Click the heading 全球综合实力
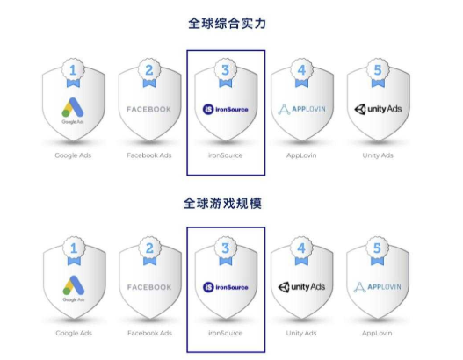(227, 24)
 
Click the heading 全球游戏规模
(222, 204)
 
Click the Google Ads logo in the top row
(73, 111)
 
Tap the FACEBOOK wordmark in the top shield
(148, 110)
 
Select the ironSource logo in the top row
(225, 110)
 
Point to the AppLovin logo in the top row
(301, 109)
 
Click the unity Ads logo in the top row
(378, 109)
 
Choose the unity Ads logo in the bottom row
(301, 287)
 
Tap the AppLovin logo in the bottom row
(378, 287)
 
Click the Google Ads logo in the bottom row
(74, 289)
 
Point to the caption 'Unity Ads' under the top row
(378, 155)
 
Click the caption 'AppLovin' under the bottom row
(377, 333)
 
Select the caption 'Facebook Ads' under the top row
(149, 155)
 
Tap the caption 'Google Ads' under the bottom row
(74, 333)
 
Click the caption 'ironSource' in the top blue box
(225, 155)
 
